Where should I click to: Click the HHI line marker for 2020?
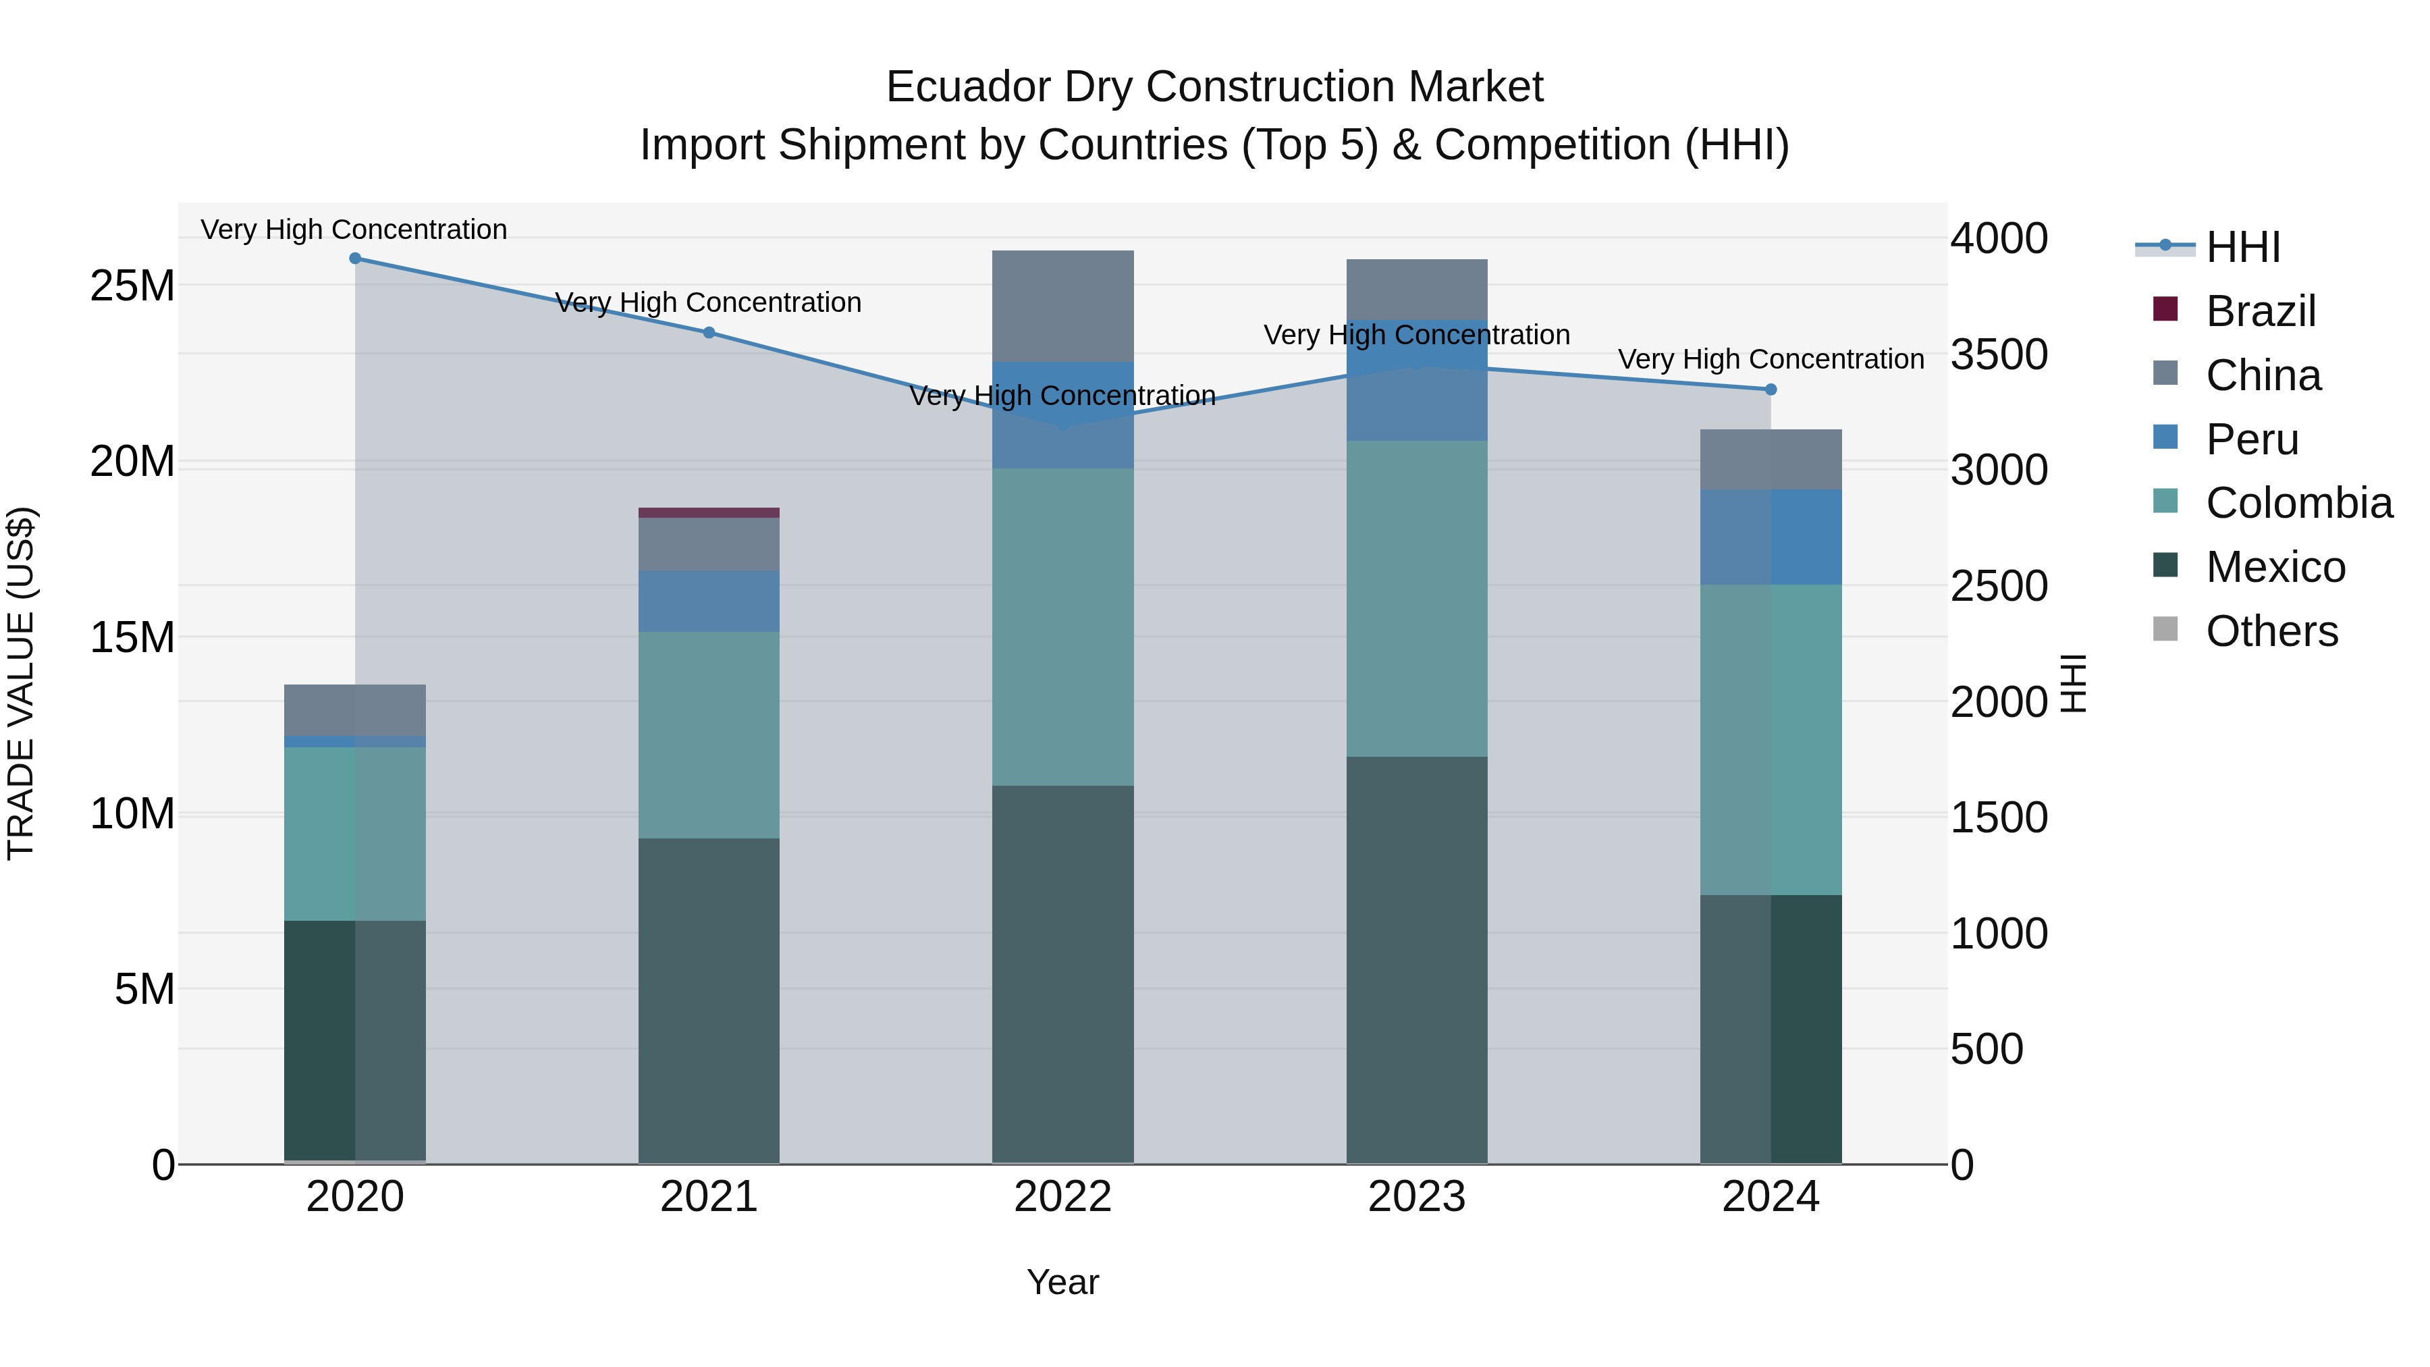tap(354, 259)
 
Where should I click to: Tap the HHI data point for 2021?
tap(709, 332)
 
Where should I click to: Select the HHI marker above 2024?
tap(1771, 390)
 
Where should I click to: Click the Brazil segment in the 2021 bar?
tap(709, 513)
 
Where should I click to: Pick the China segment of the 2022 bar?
tap(1062, 306)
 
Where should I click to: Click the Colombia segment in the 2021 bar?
tap(709, 734)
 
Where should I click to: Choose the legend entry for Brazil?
tap(2260, 311)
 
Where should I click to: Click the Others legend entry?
tap(2271, 631)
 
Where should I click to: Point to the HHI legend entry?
tap(2242, 247)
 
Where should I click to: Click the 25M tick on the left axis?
tap(132, 286)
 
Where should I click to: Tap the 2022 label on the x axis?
tap(1062, 1197)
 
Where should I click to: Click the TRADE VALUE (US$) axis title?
tap(22, 683)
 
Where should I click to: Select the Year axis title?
tap(1062, 1282)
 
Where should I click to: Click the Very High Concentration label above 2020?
tap(354, 230)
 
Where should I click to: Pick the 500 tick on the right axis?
tap(1987, 1049)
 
